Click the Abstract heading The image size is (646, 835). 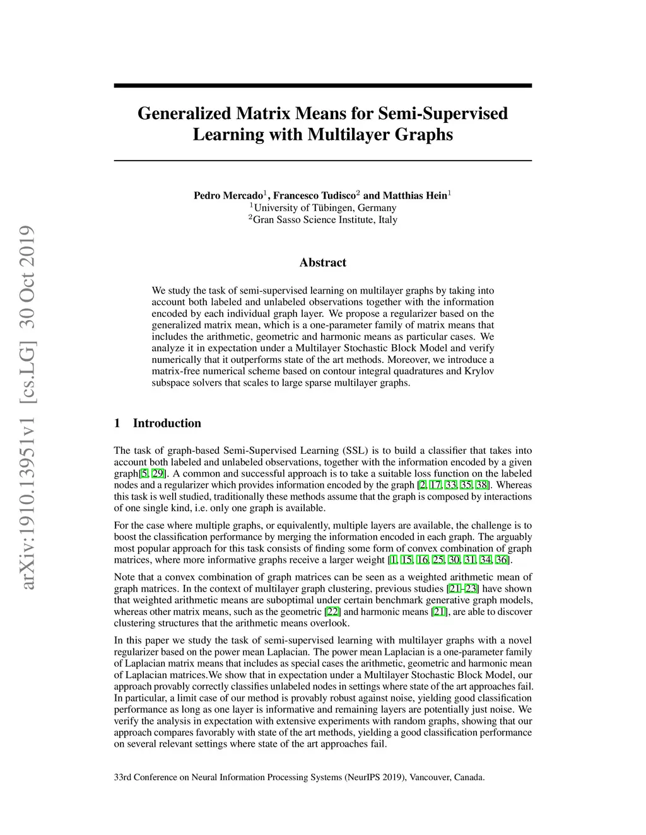click(322, 263)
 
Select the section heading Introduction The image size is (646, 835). click(167, 423)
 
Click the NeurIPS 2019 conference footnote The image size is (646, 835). click(299, 777)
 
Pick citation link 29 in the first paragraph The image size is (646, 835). click(158, 474)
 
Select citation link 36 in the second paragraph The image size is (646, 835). click(502, 560)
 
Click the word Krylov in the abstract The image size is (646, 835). click(480, 371)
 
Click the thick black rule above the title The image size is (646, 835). click(322, 85)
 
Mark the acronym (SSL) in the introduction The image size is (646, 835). click(356, 451)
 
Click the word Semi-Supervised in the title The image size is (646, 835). click(443, 113)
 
